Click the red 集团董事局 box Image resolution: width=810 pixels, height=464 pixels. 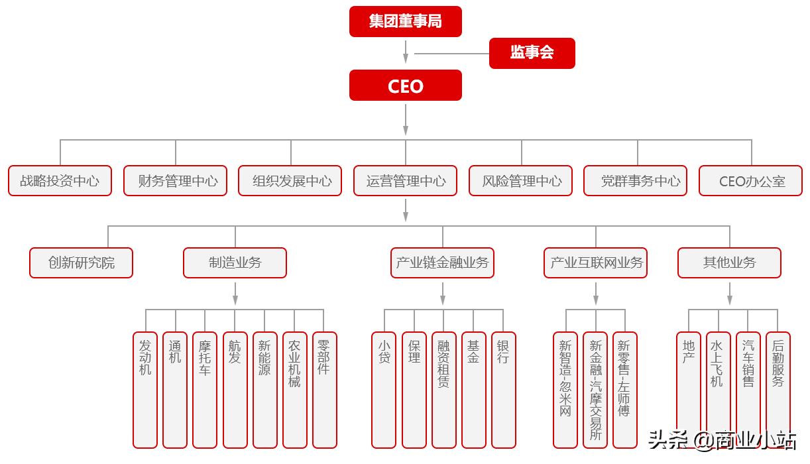tap(405, 21)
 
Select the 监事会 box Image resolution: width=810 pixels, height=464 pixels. tap(532, 53)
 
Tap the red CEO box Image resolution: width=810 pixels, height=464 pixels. tap(405, 86)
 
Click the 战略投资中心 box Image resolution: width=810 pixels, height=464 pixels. tap(60, 181)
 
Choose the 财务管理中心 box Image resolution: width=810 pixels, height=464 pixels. tap(175, 181)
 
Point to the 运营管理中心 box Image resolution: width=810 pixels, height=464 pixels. tap(405, 181)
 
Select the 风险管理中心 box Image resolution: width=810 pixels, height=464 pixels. tap(520, 181)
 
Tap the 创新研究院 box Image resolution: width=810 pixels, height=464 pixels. tap(81, 262)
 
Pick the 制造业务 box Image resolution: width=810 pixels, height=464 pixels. tap(235, 262)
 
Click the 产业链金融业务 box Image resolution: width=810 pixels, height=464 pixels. tap(442, 262)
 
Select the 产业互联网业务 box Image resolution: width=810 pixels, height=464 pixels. tap(595, 262)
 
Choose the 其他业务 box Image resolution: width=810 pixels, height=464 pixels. tap(729, 262)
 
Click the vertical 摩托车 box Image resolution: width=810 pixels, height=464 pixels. tap(204, 390)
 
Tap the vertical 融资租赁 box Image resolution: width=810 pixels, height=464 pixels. tap(443, 390)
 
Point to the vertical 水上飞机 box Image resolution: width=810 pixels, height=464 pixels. tap(718, 390)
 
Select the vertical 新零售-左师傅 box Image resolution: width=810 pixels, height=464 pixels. tap(624, 390)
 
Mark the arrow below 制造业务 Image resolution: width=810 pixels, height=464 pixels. tap(235, 294)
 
